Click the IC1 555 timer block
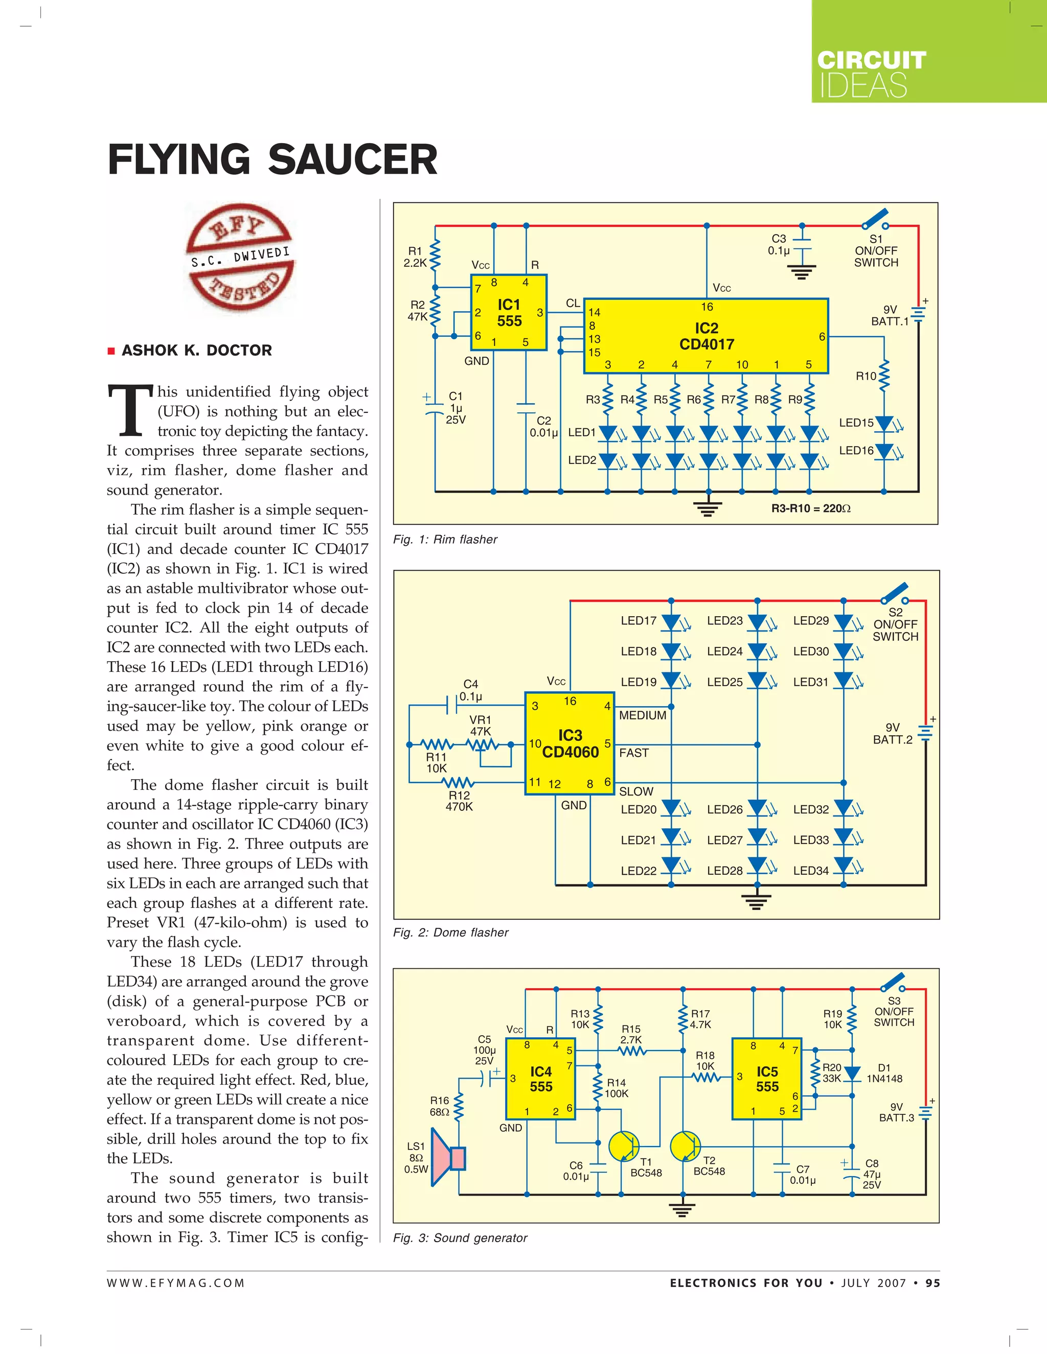[509, 313]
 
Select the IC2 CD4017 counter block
[706, 336]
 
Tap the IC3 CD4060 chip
[570, 743]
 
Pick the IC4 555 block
[540, 1079]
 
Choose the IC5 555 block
[767, 1079]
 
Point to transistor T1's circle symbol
[623, 1147]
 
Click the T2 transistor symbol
[686, 1147]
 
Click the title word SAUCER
[352, 159]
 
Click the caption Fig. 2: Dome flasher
[450, 932]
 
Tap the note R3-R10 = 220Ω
[811, 508]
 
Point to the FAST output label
[633, 753]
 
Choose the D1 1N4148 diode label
[884, 1073]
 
